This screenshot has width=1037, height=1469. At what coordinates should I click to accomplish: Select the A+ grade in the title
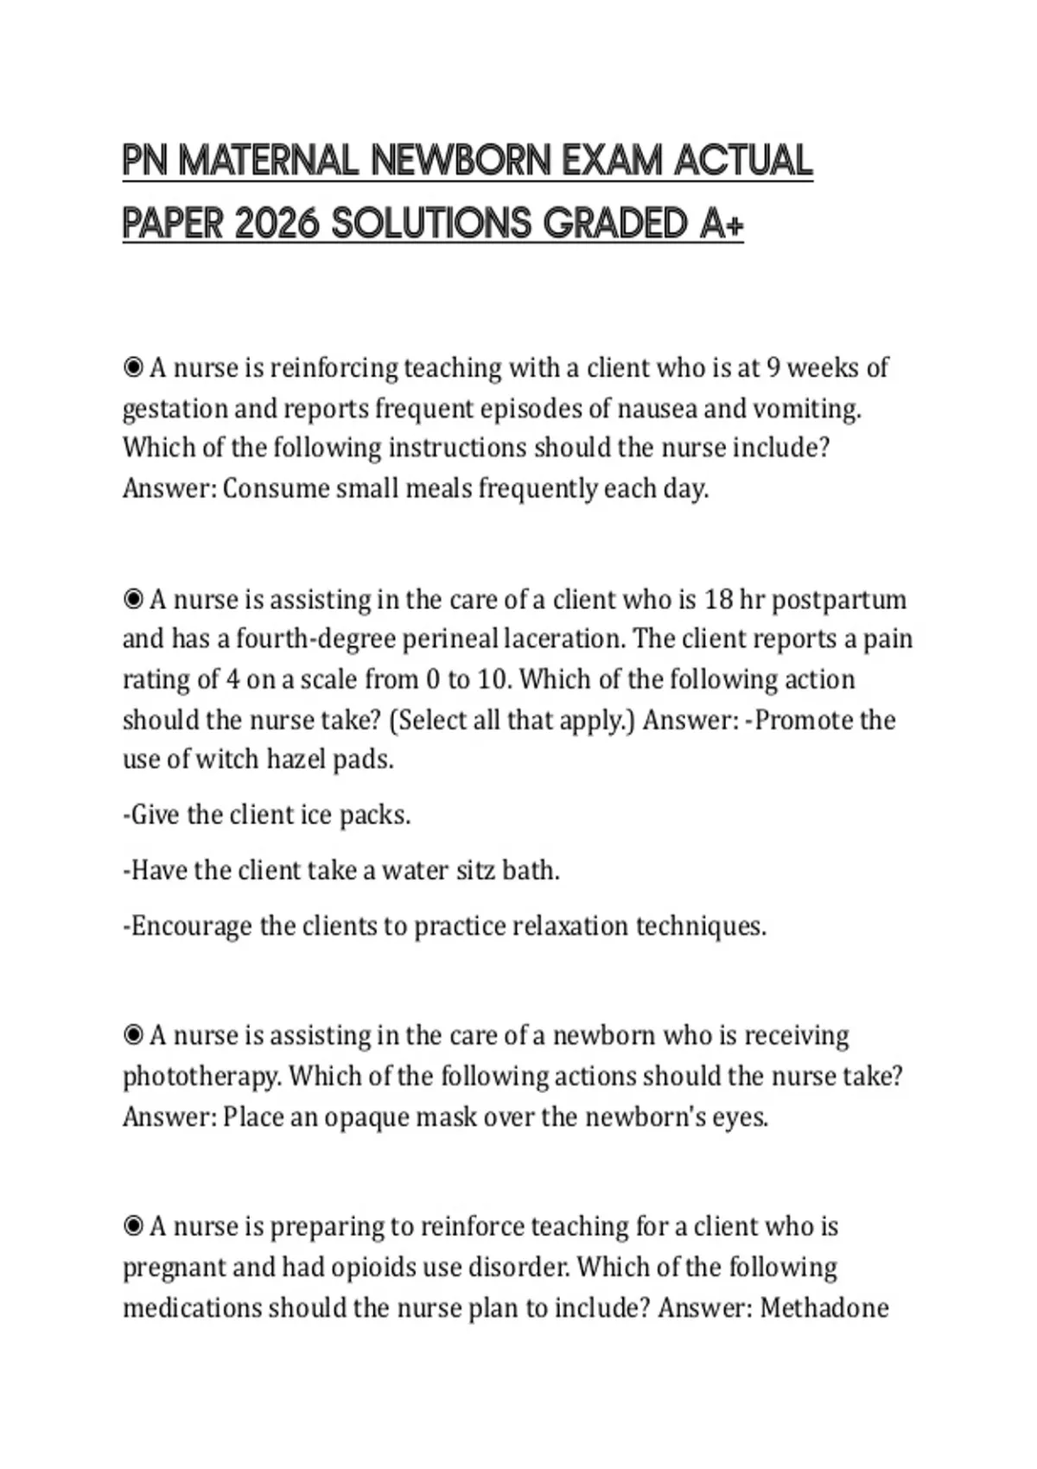(720, 224)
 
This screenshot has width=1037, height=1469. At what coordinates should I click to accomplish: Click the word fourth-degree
(315, 639)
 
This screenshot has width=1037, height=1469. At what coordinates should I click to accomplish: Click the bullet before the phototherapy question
(133, 1035)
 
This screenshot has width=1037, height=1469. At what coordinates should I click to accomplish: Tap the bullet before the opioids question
(133, 1226)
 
